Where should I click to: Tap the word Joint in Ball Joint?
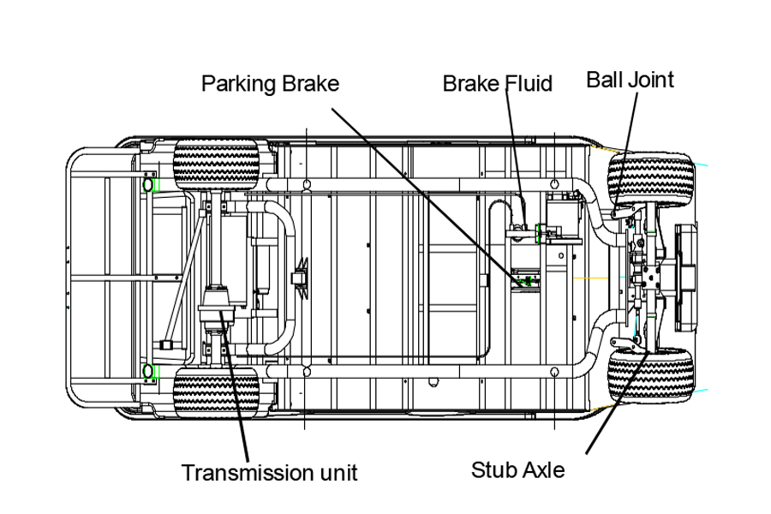coord(651,80)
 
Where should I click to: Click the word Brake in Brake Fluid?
coord(469,83)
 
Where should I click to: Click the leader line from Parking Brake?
coord(420,188)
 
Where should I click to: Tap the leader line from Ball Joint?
coord(630,128)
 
